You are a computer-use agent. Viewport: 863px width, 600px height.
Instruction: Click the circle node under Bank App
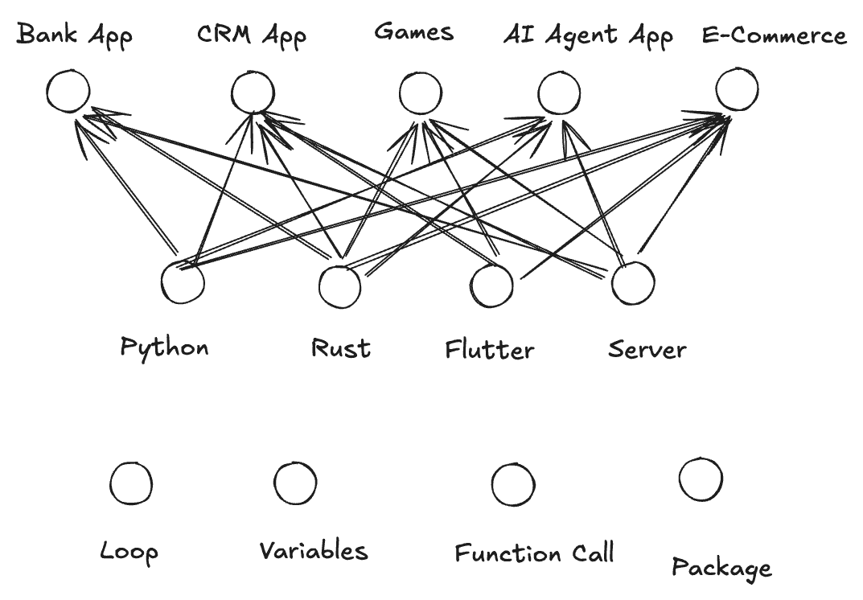pos(68,91)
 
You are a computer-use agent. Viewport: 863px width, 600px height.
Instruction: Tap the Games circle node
pos(420,93)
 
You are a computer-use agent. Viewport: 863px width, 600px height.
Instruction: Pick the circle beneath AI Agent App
pos(559,92)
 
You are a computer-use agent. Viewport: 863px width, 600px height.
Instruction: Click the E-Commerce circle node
pos(736,88)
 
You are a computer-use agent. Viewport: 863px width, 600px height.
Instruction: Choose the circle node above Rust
pos(339,286)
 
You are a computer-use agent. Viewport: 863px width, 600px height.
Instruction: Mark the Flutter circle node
pos(491,285)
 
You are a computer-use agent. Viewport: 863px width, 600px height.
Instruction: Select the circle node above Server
pos(632,282)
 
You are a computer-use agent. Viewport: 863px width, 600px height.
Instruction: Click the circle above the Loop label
pos(130,484)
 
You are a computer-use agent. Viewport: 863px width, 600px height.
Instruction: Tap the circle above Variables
pos(295,483)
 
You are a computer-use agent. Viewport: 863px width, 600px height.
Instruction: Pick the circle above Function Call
pos(512,484)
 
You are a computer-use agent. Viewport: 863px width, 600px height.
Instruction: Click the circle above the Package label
pos(701,479)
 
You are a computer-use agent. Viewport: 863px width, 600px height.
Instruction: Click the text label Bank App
pos(75,36)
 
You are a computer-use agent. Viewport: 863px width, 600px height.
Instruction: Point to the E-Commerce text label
pos(774,36)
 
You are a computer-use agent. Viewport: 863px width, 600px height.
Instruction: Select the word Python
pos(164,347)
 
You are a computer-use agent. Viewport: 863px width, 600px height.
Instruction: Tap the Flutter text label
pos(489,350)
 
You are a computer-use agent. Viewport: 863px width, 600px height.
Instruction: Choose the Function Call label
pos(534,553)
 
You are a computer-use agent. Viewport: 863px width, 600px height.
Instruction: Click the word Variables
pos(313,551)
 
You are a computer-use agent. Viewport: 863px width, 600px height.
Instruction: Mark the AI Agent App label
pos(588,36)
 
